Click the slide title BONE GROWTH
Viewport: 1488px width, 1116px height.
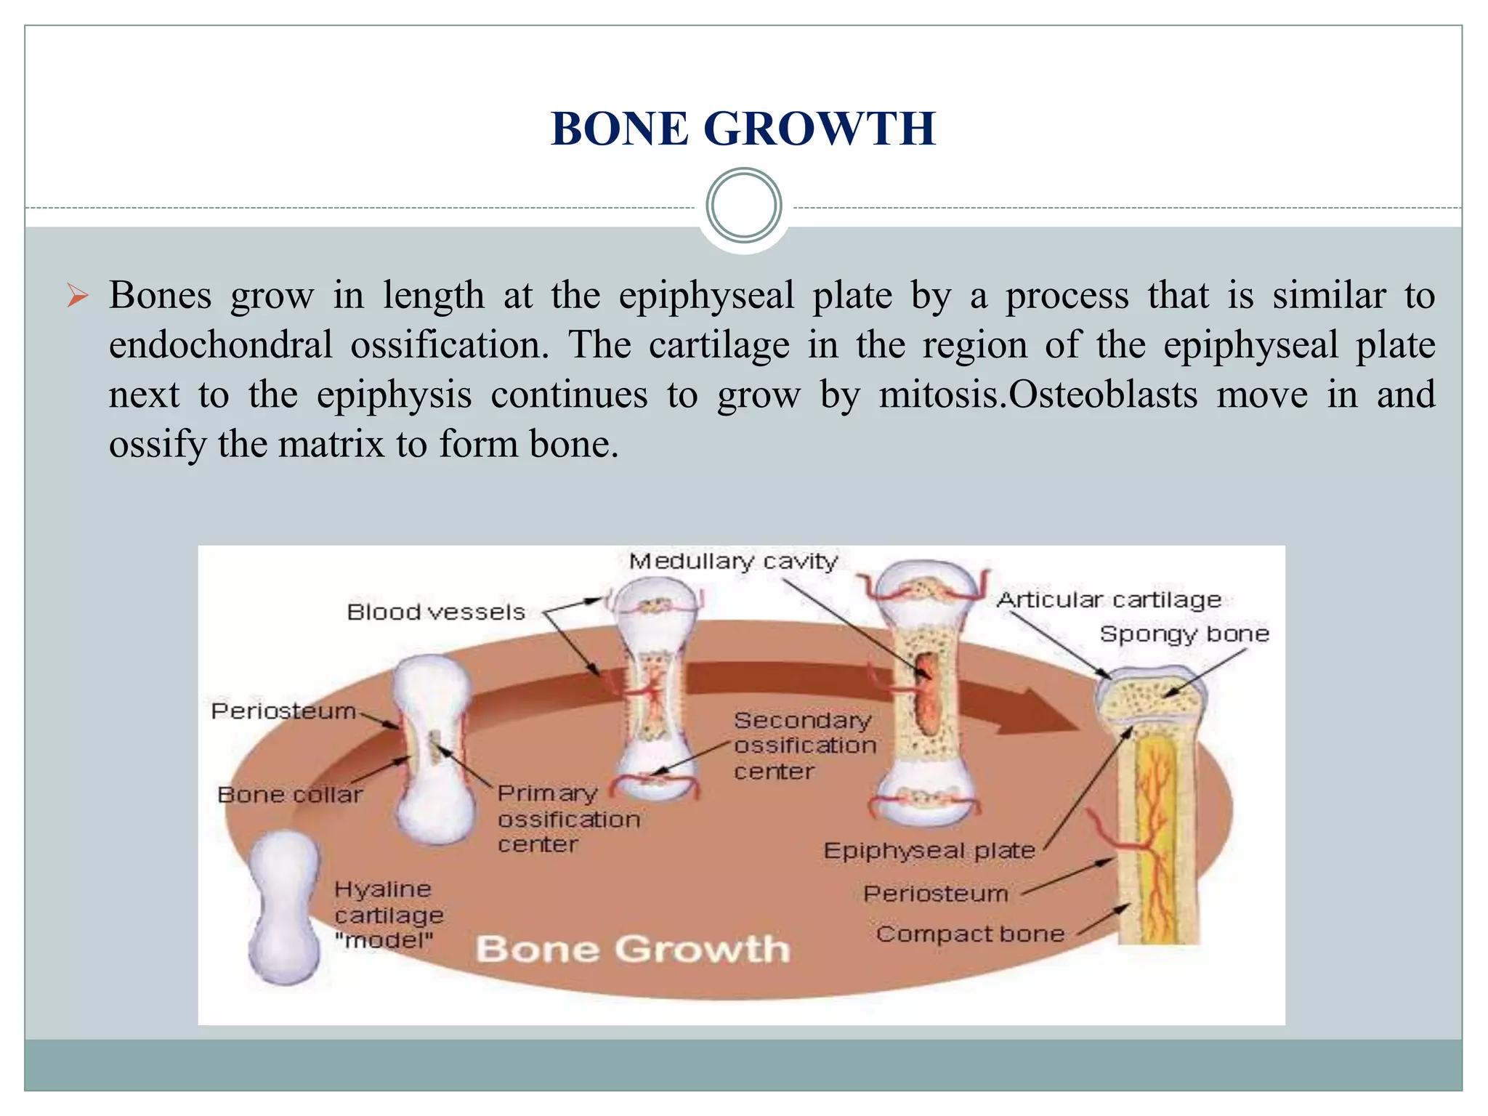(743, 129)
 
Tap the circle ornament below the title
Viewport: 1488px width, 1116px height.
(743, 206)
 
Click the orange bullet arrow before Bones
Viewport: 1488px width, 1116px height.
(77, 296)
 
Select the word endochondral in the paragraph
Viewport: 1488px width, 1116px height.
(220, 345)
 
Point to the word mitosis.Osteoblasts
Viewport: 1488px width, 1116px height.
(1038, 395)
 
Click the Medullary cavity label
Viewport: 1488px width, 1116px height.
(733, 562)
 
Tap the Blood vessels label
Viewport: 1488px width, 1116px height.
(436, 612)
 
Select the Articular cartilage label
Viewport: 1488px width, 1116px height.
(1109, 600)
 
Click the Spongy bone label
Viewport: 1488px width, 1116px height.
(1184, 634)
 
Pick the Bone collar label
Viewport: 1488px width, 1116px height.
(290, 794)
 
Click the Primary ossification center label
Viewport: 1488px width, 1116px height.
(568, 819)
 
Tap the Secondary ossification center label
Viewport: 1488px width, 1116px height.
(804, 745)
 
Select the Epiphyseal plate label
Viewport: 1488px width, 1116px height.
(929, 850)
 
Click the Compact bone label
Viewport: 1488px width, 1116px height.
(970, 934)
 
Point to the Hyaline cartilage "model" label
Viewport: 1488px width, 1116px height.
(389, 915)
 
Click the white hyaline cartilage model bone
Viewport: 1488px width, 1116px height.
(284, 908)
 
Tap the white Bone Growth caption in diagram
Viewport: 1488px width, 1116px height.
(632, 949)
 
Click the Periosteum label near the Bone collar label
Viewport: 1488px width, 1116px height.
(283, 711)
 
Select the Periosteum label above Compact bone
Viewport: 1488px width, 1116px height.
(936, 893)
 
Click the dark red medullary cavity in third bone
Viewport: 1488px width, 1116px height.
(926, 694)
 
